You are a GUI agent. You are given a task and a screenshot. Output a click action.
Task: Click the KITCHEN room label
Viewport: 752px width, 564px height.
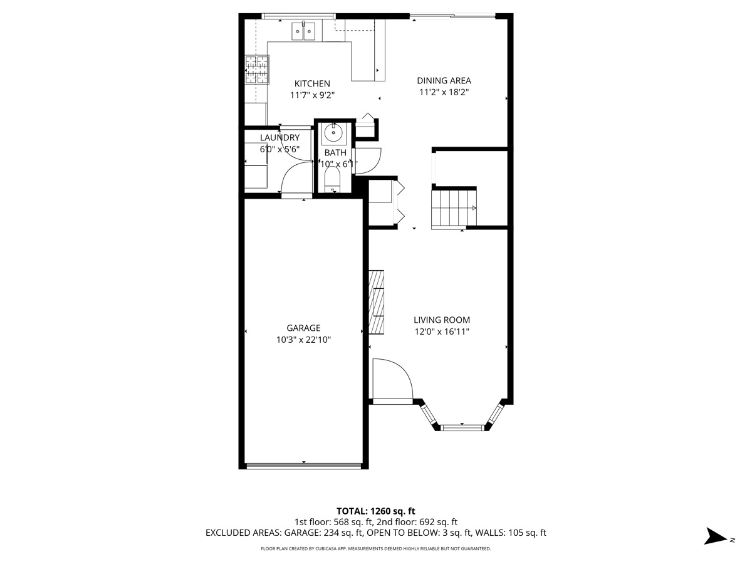tap(312, 83)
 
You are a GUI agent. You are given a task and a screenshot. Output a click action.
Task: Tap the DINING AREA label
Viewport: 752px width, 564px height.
tap(444, 80)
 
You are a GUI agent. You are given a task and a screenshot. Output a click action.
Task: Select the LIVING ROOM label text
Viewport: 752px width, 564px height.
tap(441, 320)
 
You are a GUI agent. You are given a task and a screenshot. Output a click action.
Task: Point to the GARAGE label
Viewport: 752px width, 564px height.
tap(303, 328)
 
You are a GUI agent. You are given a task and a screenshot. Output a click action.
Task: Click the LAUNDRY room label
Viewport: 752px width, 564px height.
tap(279, 138)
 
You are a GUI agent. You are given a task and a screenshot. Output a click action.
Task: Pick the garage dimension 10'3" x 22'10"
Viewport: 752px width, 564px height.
tap(303, 340)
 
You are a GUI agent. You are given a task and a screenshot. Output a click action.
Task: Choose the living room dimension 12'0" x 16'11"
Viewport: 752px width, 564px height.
tap(441, 332)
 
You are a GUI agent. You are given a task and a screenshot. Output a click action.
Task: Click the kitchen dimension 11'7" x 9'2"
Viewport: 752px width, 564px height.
tap(312, 95)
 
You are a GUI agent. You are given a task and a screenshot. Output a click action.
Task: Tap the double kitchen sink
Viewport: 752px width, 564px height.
tap(304, 31)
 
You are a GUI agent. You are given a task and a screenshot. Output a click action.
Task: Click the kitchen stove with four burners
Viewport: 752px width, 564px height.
tap(256, 70)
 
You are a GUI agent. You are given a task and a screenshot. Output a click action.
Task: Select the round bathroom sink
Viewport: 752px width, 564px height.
tap(333, 133)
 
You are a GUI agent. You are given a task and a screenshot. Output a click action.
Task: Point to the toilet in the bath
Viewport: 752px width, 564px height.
tap(332, 182)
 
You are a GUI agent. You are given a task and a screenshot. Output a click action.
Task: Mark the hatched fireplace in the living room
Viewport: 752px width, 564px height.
tap(376, 302)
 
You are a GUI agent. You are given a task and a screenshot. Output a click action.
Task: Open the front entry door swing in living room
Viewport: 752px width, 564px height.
tap(391, 379)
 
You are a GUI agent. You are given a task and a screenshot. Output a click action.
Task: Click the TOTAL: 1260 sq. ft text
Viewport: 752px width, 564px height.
tap(375, 511)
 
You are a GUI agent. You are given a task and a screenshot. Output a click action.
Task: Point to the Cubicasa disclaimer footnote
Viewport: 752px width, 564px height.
tap(375, 549)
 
